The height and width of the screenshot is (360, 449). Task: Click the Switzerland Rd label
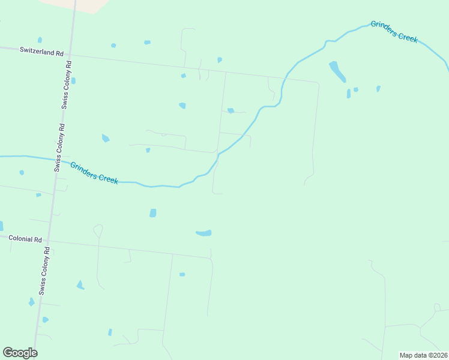pyautogui.click(x=41, y=53)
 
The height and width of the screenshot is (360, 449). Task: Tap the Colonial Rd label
pyautogui.click(x=25, y=238)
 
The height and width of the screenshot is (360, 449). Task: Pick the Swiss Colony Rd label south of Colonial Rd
pyautogui.click(x=44, y=273)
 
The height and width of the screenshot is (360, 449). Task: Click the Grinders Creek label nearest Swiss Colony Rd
pyautogui.click(x=94, y=173)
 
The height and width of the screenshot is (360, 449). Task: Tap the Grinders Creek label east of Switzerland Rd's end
pyautogui.click(x=394, y=31)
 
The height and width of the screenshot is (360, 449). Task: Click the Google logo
pyautogui.click(x=20, y=353)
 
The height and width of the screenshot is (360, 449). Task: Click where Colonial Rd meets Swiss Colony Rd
pyautogui.click(x=47, y=241)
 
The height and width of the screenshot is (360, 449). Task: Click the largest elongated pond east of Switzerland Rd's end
pyautogui.click(x=337, y=71)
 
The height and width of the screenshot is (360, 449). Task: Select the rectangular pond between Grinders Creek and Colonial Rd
pyautogui.click(x=153, y=213)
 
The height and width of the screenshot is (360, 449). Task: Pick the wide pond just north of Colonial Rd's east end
pyautogui.click(x=204, y=233)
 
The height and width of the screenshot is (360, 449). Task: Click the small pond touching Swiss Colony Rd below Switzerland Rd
pyautogui.click(x=73, y=80)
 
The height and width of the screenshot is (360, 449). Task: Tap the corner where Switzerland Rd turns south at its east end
pyautogui.click(x=318, y=83)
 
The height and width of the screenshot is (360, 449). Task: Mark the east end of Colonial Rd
pyautogui.click(x=211, y=259)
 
